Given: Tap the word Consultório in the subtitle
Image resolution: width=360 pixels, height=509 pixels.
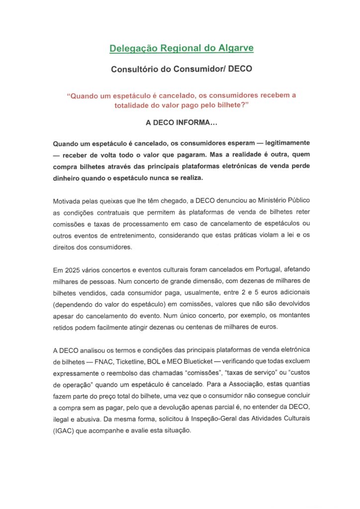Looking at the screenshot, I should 137,70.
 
